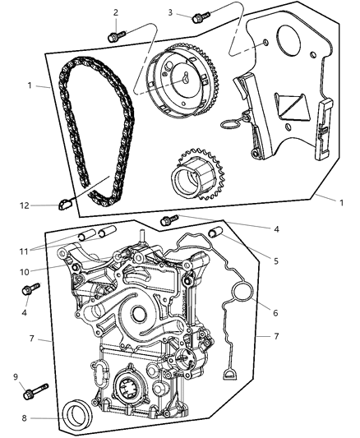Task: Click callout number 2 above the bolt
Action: (x=116, y=12)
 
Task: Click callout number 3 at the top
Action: (x=170, y=12)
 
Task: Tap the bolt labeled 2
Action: (x=115, y=35)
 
